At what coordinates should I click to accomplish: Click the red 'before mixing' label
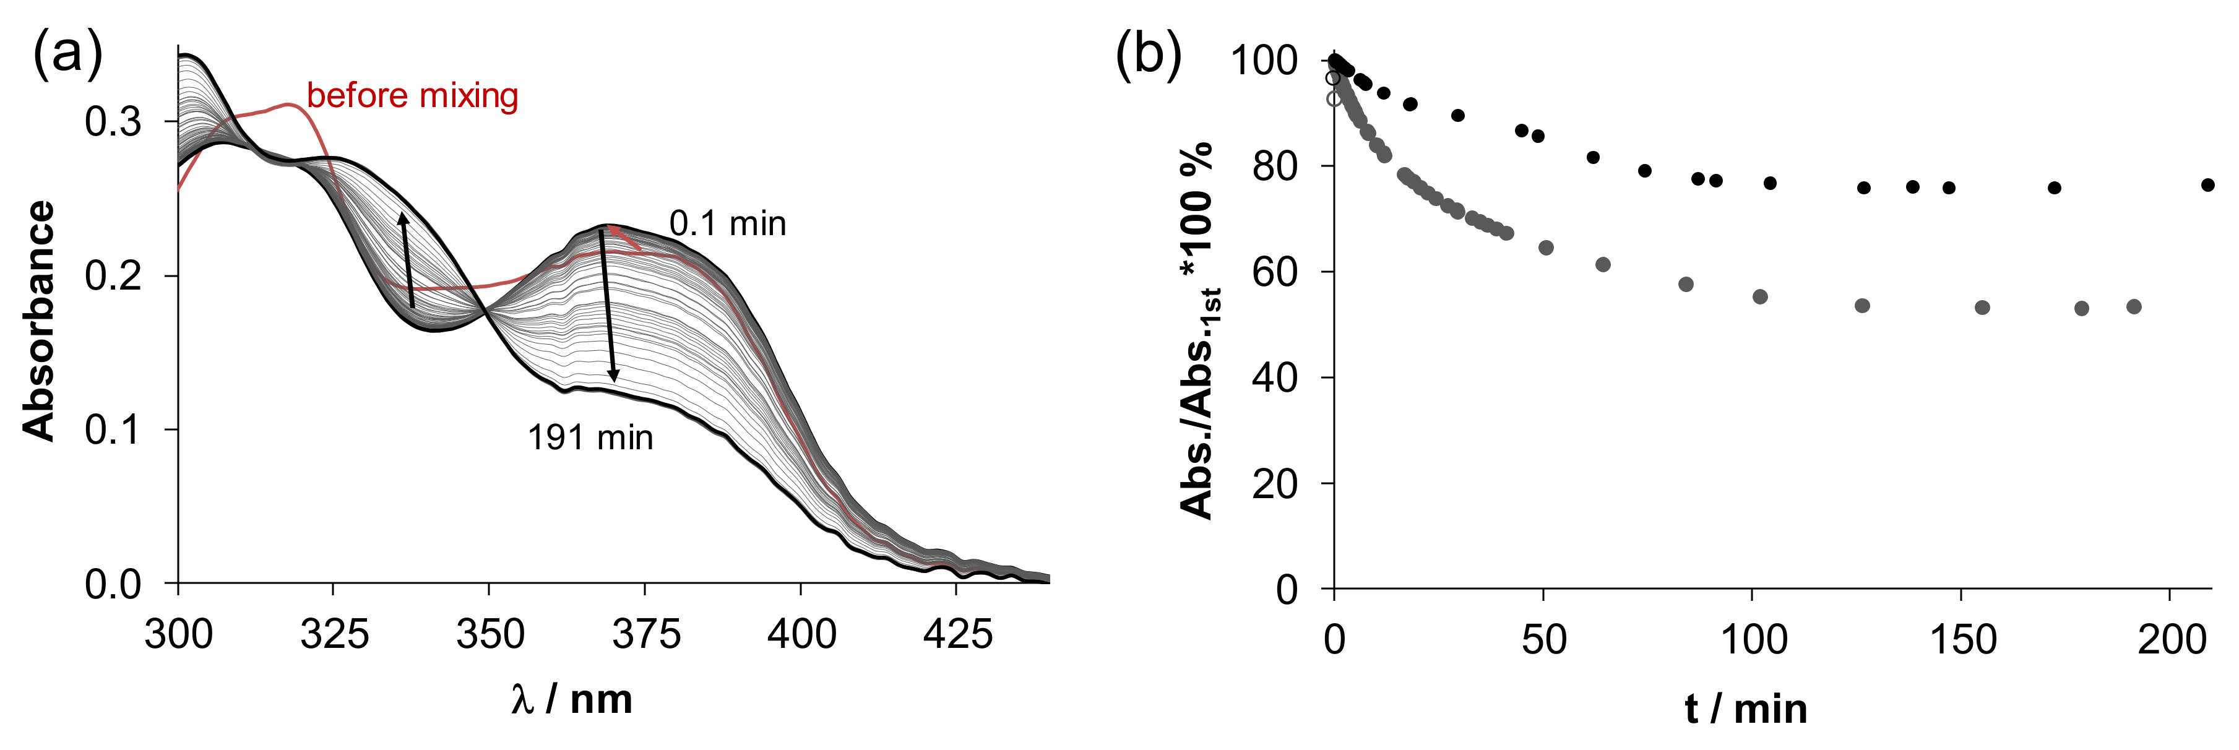click(412, 95)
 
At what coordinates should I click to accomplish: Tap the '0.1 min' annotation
click(728, 224)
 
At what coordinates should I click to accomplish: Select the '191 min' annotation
click(590, 437)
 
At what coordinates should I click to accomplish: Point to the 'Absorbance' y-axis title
click(39, 322)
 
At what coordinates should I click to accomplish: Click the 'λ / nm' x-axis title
click(572, 699)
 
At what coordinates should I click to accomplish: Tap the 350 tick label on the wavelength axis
click(490, 634)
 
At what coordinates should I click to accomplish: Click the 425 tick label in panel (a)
click(956, 634)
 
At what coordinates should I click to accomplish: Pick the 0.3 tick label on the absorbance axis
click(113, 123)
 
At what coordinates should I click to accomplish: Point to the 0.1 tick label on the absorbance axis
click(113, 430)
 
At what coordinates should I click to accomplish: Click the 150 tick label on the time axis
click(1962, 640)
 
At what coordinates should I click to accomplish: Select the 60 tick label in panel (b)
click(1274, 272)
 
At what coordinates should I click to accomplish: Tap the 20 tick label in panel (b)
click(1274, 484)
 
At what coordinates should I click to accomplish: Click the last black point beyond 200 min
click(2207, 185)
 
